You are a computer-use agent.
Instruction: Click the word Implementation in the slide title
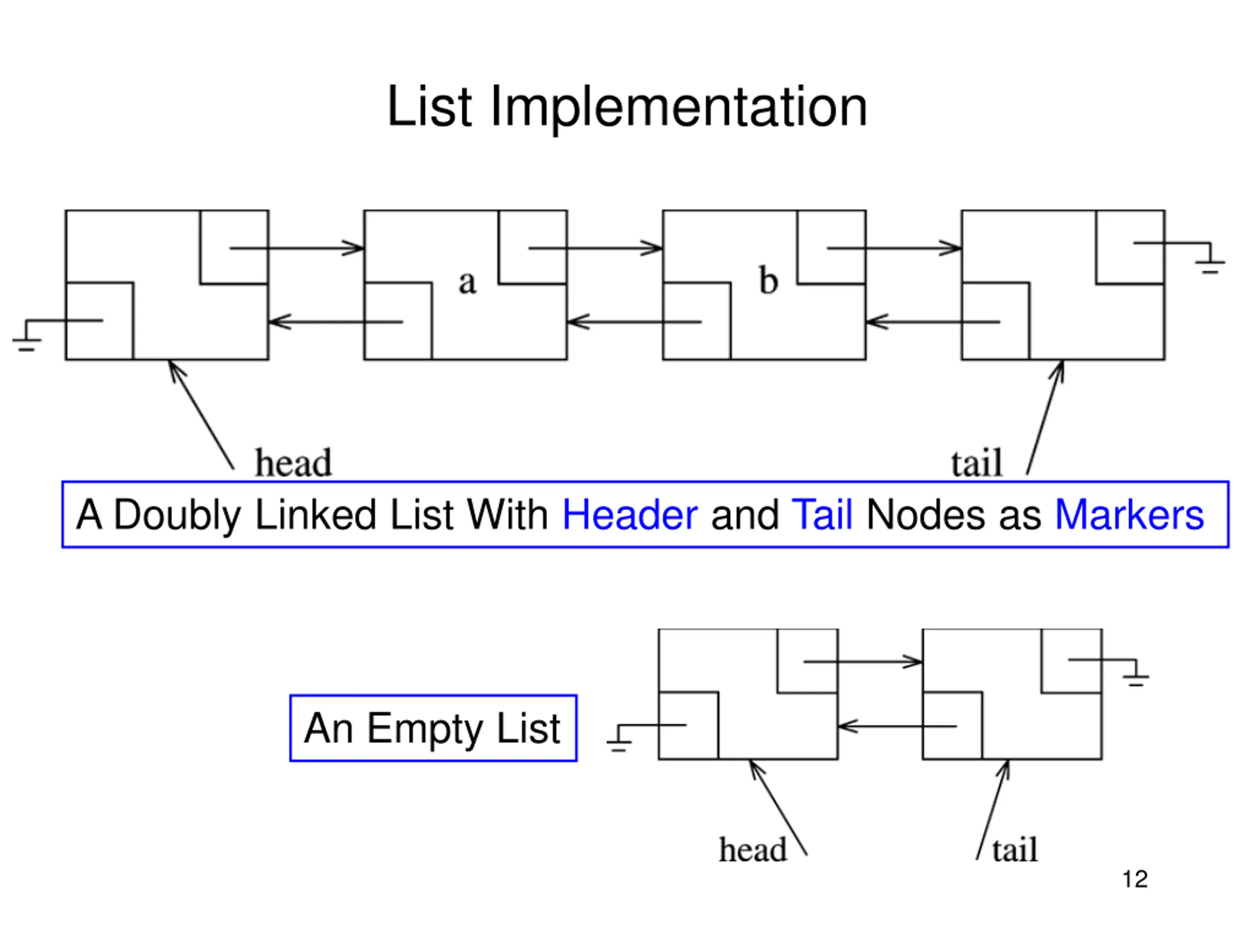coord(678,107)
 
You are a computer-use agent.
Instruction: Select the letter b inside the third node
coord(768,280)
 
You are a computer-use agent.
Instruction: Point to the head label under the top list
coord(293,462)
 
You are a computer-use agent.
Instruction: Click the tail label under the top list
coord(977,463)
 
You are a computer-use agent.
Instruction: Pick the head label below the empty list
coord(753,849)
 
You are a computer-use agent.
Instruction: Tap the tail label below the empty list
coord(1015,850)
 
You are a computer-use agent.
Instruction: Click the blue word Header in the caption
coord(630,515)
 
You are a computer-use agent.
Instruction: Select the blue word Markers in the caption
coord(1129,515)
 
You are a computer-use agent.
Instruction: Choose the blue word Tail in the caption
coord(822,515)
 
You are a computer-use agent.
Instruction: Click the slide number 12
coord(1135,879)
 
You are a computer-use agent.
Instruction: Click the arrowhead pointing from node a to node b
coord(652,248)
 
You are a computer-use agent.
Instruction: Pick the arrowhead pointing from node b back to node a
coord(578,322)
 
